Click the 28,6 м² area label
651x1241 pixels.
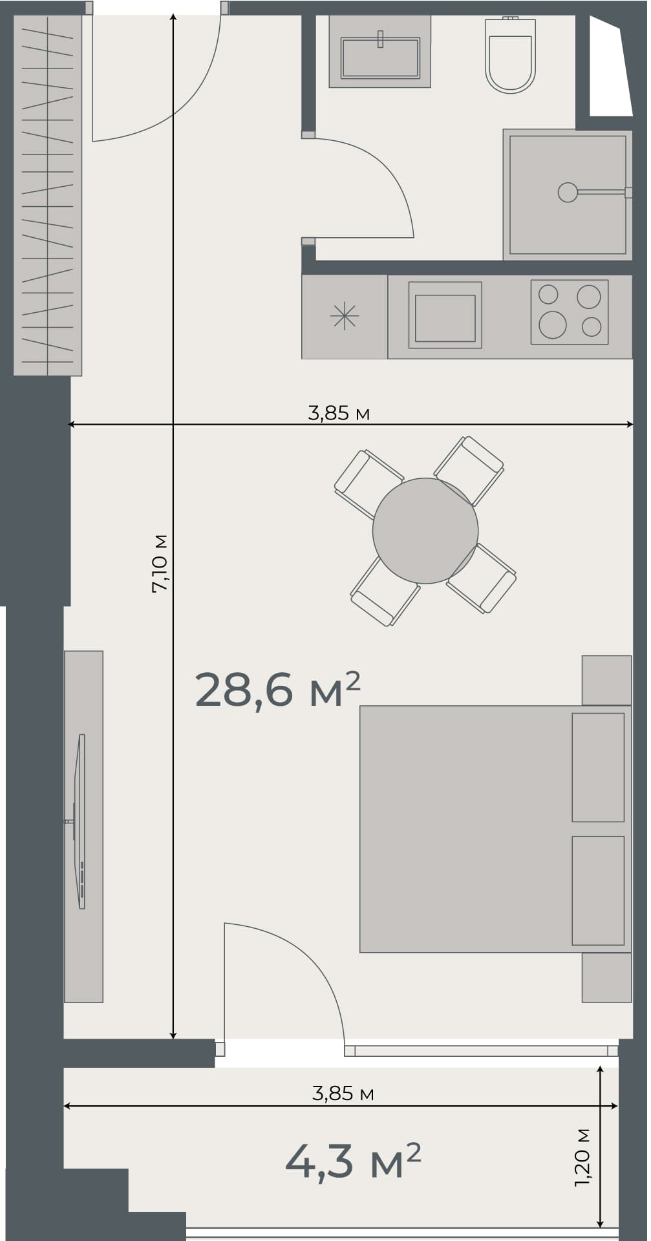(277, 690)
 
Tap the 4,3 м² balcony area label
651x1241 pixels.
(353, 1161)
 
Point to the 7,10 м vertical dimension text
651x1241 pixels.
(160, 563)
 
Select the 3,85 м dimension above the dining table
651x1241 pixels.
(338, 413)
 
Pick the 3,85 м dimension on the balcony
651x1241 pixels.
(343, 1093)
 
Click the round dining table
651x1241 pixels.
(425, 530)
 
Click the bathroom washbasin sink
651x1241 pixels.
(380, 57)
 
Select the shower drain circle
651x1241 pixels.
(567, 192)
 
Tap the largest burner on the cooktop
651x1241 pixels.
(552, 324)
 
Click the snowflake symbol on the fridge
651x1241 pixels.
(344, 316)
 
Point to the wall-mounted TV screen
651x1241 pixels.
(81, 821)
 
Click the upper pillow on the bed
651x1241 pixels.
(597, 767)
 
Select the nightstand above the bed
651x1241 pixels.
(606, 680)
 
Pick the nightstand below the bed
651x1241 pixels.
(606, 977)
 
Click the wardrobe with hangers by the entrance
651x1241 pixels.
(48, 194)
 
